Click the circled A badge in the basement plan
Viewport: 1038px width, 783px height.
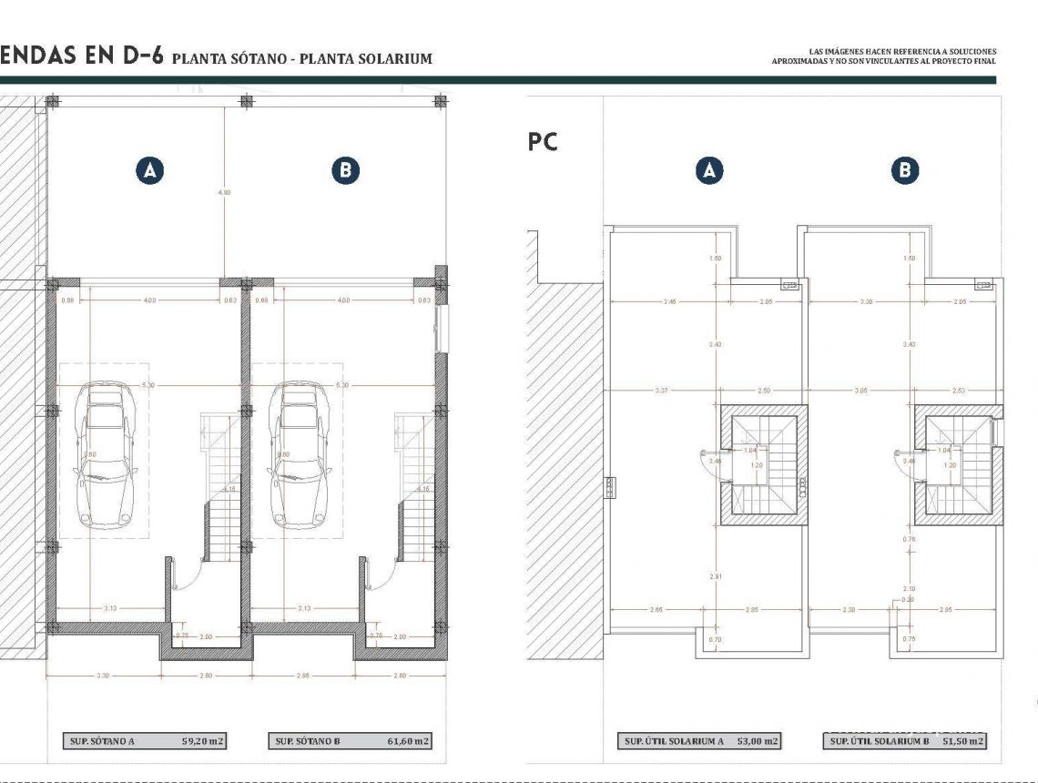(150, 170)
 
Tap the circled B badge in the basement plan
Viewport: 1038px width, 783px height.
(345, 170)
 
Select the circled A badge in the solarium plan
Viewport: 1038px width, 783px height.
(709, 170)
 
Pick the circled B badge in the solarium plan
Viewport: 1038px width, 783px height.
(904, 170)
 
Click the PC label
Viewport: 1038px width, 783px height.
(543, 142)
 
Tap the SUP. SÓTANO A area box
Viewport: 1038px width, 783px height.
(144, 741)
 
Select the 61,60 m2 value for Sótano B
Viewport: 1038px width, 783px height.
(407, 741)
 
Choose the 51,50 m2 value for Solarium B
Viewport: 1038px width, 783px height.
(963, 741)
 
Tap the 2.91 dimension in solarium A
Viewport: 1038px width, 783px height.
(717, 575)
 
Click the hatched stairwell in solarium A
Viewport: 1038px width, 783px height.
(764, 465)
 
